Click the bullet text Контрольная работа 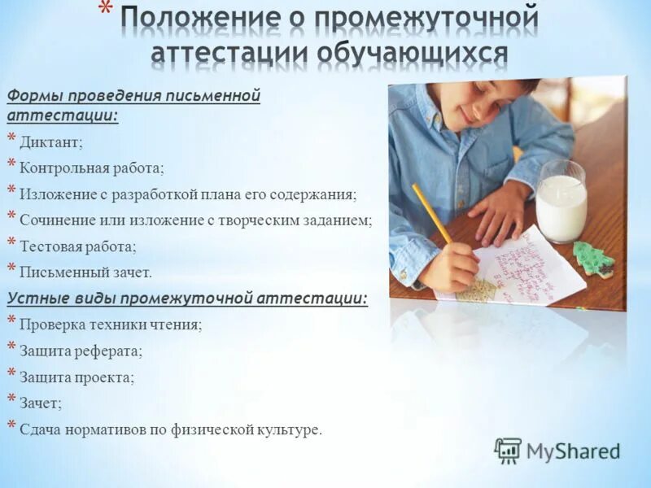(x=92, y=168)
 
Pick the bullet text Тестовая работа (x=78, y=246)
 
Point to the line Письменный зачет (x=85, y=272)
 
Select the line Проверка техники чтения (x=111, y=325)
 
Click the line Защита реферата (x=81, y=351)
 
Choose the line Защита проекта (x=77, y=377)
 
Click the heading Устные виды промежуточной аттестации (x=187, y=298)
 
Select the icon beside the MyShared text (x=508, y=451)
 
